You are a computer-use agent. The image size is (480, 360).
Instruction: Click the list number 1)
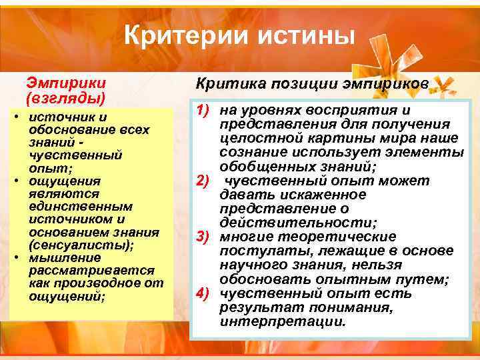coord(205,110)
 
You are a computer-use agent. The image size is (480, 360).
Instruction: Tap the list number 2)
coord(205,181)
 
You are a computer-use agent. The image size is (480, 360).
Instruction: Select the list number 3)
coord(205,237)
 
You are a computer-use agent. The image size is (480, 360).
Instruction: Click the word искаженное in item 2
coord(329,195)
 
